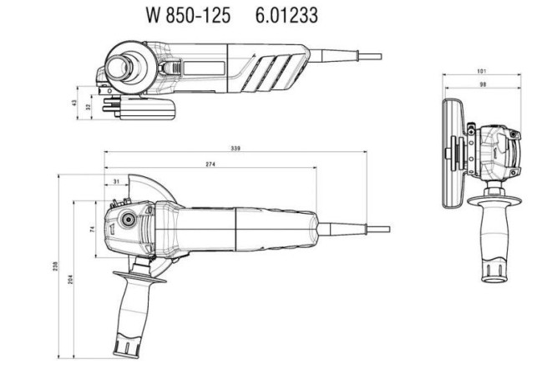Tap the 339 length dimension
(x=236, y=149)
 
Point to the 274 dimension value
(x=210, y=165)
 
